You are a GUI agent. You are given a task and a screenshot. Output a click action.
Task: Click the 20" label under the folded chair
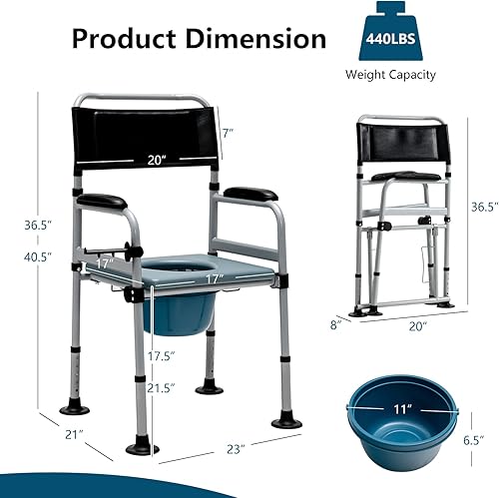[416, 325]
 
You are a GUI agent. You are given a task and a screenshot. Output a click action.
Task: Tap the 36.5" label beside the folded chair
[482, 207]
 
